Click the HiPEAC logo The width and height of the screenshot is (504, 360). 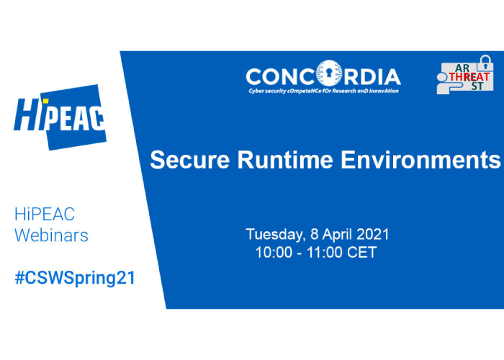[x=60, y=117]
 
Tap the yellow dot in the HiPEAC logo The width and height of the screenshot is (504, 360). [x=45, y=101]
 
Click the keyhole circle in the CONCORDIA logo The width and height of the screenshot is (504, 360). [x=328, y=73]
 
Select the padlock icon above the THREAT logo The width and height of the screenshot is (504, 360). [x=485, y=63]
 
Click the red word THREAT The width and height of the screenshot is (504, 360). [x=469, y=77]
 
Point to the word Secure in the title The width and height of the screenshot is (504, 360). [x=189, y=160]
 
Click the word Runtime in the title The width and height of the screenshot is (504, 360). [x=285, y=160]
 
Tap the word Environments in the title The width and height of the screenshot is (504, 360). [x=420, y=160]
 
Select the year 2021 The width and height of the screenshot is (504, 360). [x=372, y=234]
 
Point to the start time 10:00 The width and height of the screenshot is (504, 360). [x=269, y=252]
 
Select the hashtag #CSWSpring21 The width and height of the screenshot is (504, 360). [x=75, y=279]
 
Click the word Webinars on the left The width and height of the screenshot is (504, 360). [x=51, y=235]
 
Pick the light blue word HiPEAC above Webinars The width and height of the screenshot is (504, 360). [x=45, y=214]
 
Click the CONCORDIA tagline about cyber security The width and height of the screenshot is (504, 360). [x=323, y=91]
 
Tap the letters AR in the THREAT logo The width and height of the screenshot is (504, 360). [x=462, y=68]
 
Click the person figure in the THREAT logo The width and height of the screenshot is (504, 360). [x=447, y=84]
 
